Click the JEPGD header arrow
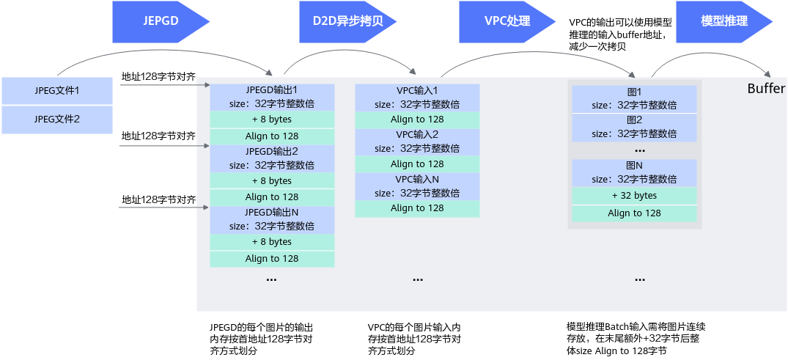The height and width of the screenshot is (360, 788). [160, 21]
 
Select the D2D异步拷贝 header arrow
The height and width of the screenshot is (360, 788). [347, 21]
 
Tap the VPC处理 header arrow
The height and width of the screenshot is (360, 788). [508, 21]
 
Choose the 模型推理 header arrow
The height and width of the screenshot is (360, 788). [724, 21]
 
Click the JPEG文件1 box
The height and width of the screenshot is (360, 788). [56, 91]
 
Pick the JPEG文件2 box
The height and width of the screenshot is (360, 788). [56, 120]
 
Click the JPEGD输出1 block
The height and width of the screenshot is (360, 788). [272, 98]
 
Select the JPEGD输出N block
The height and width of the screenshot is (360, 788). [272, 218]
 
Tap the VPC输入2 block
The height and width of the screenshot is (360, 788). [417, 142]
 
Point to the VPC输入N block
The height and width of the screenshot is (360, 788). [417, 185]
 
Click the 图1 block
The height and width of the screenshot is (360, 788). [634, 99]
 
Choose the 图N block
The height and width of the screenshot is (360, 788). [634, 173]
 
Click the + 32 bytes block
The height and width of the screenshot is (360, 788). [634, 196]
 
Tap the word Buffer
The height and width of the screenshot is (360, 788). [766, 89]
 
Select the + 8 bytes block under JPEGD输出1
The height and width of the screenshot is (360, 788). [272, 120]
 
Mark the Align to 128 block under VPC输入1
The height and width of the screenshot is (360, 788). [417, 120]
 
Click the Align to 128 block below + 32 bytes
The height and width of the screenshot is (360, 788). [634, 213]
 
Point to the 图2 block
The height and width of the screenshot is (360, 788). [634, 127]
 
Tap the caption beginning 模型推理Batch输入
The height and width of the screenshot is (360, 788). [636, 339]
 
